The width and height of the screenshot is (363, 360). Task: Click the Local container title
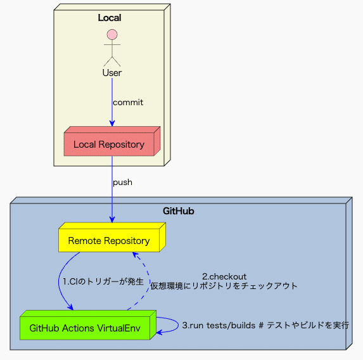(109, 18)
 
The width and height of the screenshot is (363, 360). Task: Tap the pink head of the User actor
(112, 34)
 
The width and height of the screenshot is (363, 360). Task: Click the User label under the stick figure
(112, 73)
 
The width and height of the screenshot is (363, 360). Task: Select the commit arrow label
(128, 102)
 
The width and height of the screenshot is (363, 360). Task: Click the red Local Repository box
(109, 145)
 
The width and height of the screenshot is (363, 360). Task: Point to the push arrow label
(122, 182)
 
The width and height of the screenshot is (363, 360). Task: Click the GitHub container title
(178, 211)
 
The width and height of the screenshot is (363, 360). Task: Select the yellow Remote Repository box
(109, 241)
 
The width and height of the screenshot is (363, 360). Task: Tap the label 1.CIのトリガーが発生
(103, 281)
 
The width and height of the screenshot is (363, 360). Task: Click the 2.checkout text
(224, 276)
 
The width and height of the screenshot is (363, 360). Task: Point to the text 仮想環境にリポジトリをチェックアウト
(224, 286)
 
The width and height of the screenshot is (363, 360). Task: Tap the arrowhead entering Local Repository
(112, 124)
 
